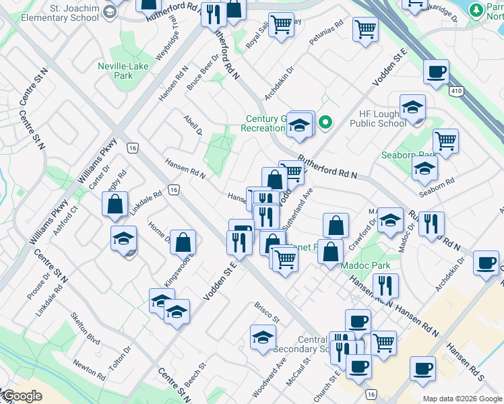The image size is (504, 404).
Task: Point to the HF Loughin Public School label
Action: [369, 119]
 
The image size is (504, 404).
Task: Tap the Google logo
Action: [22, 396]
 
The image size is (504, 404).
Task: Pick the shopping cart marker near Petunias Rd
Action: [365, 28]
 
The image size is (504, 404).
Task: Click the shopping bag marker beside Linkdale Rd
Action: [115, 203]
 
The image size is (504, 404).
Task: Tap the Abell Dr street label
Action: [193, 125]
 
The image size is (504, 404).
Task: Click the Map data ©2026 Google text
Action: [462, 399]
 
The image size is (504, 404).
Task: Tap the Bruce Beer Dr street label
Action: [204, 71]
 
